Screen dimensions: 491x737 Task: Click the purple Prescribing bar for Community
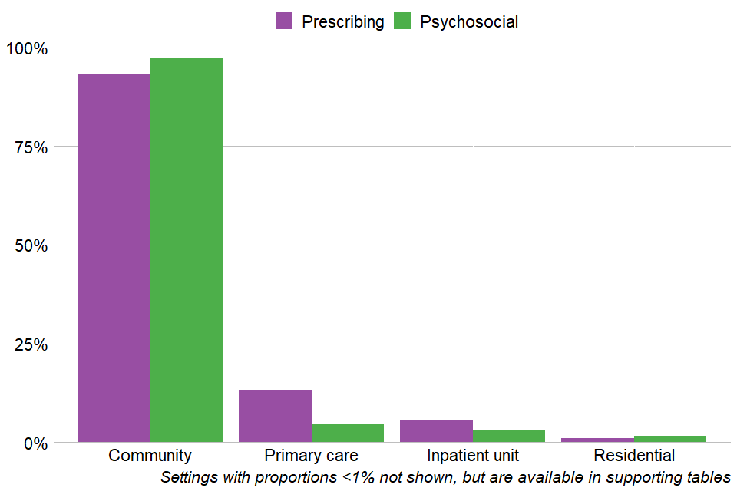[114, 258]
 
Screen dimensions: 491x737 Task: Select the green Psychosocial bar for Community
[187, 250]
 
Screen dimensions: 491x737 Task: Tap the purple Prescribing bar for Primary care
[275, 417]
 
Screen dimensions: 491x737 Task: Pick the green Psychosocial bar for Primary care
[348, 433]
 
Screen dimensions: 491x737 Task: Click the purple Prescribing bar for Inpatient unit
[436, 431]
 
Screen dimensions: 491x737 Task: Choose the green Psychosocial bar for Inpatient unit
[509, 436]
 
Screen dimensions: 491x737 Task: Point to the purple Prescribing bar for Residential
[597, 440]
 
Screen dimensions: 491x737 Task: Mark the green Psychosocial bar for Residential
[670, 439]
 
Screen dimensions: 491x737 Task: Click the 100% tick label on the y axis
[26, 48]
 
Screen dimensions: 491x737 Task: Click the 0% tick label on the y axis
[35, 443]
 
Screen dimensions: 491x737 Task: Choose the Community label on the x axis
[150, 456]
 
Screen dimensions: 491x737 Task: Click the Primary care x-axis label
[311, 456]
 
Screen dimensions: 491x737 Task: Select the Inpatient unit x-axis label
[472, 456]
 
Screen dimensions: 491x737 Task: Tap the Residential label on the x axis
[633, 456]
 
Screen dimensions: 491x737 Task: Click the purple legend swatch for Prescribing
[284, 21]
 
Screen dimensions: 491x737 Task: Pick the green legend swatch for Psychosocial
[402, 21]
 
